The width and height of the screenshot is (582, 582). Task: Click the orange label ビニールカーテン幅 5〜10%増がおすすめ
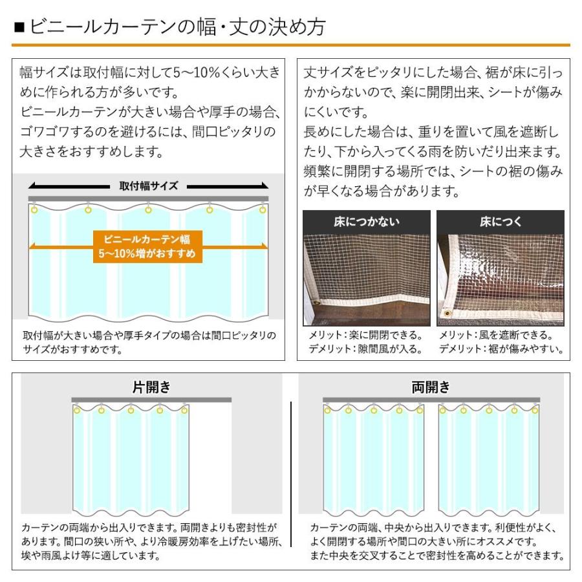point(147,246)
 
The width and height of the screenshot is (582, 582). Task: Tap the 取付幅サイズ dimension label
point(148,186)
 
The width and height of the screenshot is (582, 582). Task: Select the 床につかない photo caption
point(367,222)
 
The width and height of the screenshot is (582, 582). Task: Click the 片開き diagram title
point(151,387)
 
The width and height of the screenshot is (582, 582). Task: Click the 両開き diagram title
point(431,387)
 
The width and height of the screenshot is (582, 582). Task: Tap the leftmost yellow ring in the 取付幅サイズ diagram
point(34,210)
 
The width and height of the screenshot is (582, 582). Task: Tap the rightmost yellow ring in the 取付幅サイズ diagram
point(263,210)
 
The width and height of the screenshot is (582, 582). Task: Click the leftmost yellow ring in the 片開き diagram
point(76,410)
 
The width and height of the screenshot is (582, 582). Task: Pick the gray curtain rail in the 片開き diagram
point(151,400)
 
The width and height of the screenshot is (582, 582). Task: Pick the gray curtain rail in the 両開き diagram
point(431,400)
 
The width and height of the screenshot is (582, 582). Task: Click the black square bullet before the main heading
point(19,28)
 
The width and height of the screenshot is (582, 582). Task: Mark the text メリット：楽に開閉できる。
point(365,336)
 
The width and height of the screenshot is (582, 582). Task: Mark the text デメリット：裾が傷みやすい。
point(501,349)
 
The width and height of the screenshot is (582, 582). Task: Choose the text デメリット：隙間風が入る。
point(365,349)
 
